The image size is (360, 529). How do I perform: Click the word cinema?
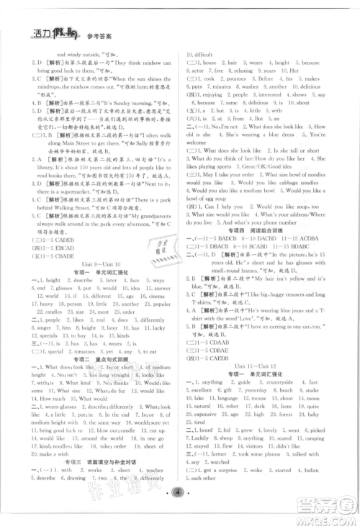[156, 296]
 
